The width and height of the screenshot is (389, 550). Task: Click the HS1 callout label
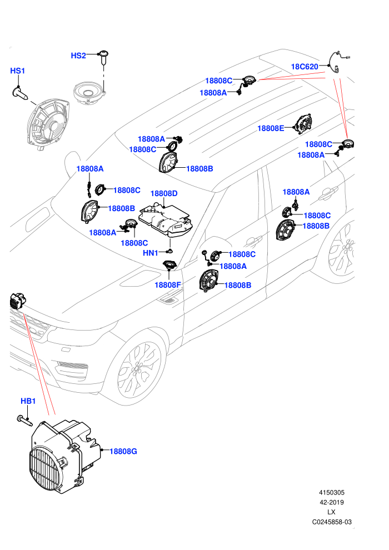[x=18, y=71]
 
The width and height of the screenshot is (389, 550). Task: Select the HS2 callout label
[x=78, y=56]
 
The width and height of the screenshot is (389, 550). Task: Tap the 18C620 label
[x=305, y=67]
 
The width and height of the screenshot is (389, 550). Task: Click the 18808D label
[x=164, y=193]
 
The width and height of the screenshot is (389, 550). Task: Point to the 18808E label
[x=271, y=128]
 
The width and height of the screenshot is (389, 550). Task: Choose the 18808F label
[x=168, y=285]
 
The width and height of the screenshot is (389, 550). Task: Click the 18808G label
[x=123, y=452]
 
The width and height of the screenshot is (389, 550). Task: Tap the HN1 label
[x=151, y=253]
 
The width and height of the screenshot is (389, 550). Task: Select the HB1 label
[x=28, y=401]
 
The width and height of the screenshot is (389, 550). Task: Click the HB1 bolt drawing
[x=24, y=420]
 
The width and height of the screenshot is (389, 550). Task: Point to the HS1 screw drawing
[x=21, y=93]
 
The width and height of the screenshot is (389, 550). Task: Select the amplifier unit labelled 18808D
[x=165, y=219]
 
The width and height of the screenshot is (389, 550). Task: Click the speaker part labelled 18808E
[x=303, y=124]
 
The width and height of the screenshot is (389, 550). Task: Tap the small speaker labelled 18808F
[x=169, y=265]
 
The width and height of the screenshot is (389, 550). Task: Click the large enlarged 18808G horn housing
[x=63, y=456]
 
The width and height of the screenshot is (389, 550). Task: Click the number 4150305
[x=331, y=492]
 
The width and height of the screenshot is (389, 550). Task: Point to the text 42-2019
[x=331, y=502]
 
